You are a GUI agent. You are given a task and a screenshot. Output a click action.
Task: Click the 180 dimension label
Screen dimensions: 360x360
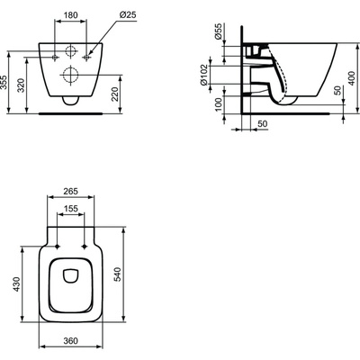[71, 15]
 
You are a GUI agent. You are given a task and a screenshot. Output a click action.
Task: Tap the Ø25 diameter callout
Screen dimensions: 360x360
[128, 15]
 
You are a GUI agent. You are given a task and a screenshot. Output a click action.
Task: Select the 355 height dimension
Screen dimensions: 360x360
[4, 81]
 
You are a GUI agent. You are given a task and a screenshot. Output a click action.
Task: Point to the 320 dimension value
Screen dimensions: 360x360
[21, 85]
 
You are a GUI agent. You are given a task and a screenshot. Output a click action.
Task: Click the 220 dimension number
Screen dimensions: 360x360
[116, 94]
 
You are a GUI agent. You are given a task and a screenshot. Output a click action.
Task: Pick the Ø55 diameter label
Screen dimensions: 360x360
[219, 31]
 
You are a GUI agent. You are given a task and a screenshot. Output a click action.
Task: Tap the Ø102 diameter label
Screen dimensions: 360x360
[203, 75]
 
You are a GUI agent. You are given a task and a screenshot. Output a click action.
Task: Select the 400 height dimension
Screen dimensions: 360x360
[353, 78]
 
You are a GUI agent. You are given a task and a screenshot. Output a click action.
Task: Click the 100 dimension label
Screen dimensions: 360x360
[219, 104]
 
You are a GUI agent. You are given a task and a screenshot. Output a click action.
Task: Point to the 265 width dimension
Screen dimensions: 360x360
[71, 191]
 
